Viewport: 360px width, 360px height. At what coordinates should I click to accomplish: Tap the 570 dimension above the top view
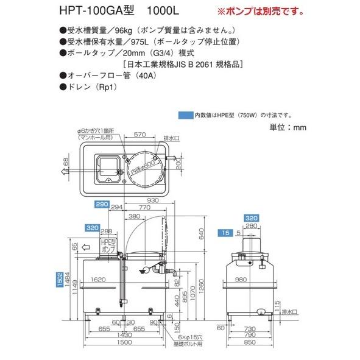pos(140,135)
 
